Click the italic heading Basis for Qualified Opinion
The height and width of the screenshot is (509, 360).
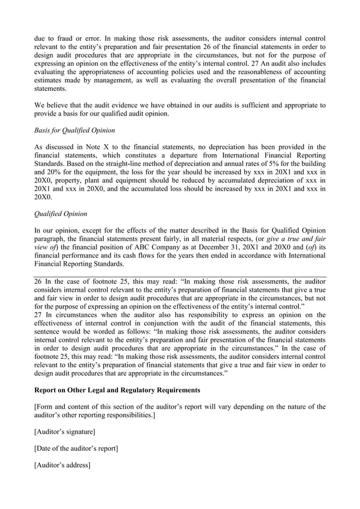pyautogui.click(x=74, y=131)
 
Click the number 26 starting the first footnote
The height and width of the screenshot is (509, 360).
pyautogui.click(x=39, y=281)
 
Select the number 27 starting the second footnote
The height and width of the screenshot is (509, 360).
pyautogui.click(x=39, y=315)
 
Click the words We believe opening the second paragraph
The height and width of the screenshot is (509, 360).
pyautogui.click(x=49, y=105)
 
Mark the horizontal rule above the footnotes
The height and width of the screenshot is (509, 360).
pyautogui.click(x=180, y=276)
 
